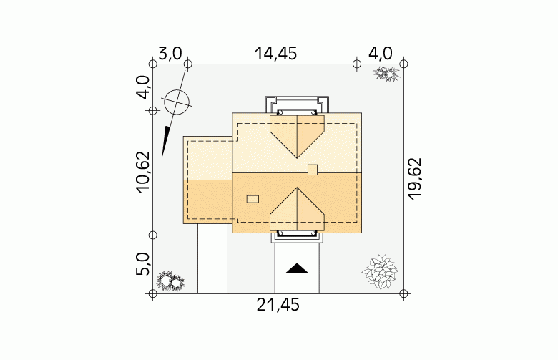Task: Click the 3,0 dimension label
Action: [170, 54]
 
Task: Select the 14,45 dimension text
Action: [275, 54]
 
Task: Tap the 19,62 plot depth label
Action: [415, 178]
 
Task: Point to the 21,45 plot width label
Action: [278, 305]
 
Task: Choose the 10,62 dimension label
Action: [142, 172]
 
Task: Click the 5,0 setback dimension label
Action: [142, 264]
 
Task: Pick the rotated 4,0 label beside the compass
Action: [143, 87]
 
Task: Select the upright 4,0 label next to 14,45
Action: [380, 54]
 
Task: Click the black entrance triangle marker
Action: [297, 269]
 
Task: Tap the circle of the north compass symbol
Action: [177, 102]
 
